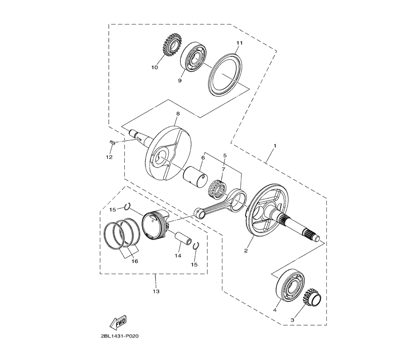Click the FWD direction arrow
tap(118, 322)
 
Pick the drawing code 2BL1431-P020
tap(119, 336)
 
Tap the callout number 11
tap(239, 43)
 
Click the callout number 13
tap(156, 291)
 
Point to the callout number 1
tap(275, 146)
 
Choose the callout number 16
tap(135, 261)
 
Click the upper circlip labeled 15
tap(128, 206)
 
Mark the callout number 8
tap(178, 114)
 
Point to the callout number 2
tap(246, 251)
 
